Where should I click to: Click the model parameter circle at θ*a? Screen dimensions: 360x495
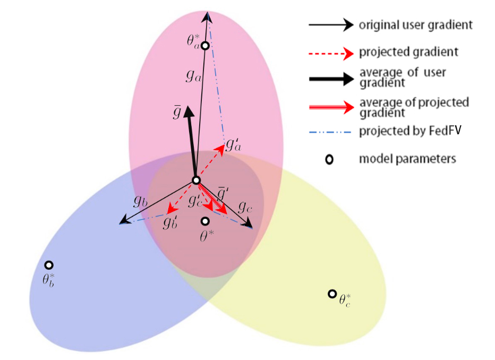205,46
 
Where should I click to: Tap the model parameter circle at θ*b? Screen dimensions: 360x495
49,265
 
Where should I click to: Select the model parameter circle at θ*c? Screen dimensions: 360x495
332,294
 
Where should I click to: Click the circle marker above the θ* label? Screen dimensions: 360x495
205,221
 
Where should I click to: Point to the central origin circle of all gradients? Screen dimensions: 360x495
196,181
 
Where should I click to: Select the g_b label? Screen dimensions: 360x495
140,201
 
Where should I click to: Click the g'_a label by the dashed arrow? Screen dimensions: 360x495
233,144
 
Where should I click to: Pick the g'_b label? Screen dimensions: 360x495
170,222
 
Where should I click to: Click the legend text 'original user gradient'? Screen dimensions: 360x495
415,24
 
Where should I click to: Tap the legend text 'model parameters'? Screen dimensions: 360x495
407,159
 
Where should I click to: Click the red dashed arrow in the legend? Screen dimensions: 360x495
330,53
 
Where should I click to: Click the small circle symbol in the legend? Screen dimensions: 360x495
329,159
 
